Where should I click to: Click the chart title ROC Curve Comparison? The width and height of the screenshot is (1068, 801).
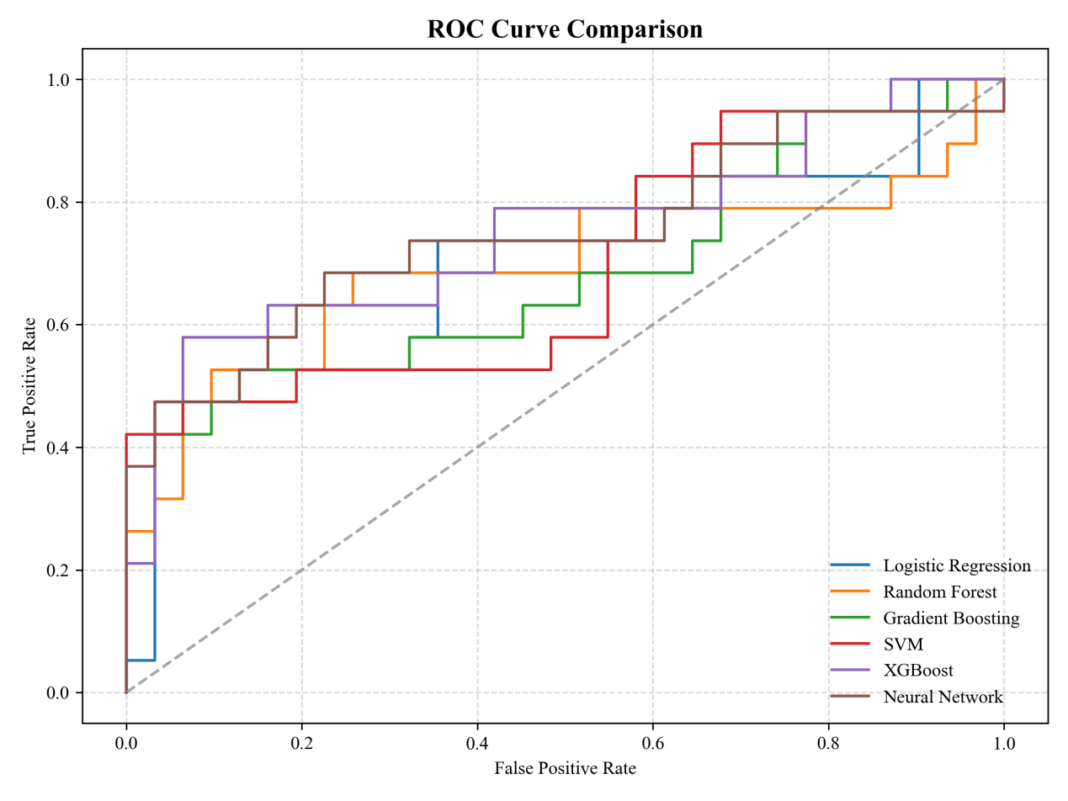[565, 29]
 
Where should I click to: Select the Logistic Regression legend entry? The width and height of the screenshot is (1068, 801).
[956, 565]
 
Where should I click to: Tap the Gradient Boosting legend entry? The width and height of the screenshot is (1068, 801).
[951, 618]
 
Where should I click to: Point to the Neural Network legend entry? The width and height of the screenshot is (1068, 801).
[943, 697]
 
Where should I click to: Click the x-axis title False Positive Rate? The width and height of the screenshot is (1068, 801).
[565, 768]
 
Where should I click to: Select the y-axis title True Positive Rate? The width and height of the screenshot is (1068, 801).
[30, 385]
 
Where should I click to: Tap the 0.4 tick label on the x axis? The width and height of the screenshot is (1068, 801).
[477, 744]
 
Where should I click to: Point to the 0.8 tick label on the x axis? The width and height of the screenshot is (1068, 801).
[828, 744]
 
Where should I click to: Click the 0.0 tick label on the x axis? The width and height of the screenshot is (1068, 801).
[126, 744]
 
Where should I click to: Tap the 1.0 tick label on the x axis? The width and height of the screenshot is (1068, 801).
[1004, 744]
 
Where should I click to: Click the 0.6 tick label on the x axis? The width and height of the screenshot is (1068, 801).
[653, 744]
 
